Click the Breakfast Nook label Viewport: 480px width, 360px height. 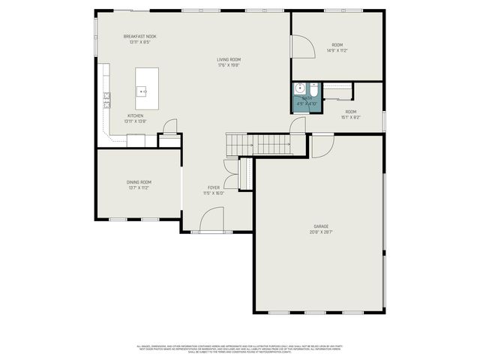point(140,36)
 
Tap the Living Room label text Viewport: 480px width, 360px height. point(229,59)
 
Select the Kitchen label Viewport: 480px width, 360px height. point(136,116)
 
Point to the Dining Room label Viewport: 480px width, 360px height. point(139,182)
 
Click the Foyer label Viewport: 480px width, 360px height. point(214,187)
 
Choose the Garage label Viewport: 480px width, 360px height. point(321,226)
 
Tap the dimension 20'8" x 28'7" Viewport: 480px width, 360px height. point(321,232)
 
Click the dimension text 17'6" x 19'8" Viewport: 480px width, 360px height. point(229,65)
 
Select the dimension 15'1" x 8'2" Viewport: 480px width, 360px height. point(351,117)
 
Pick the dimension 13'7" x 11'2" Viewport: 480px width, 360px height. point(139,187)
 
